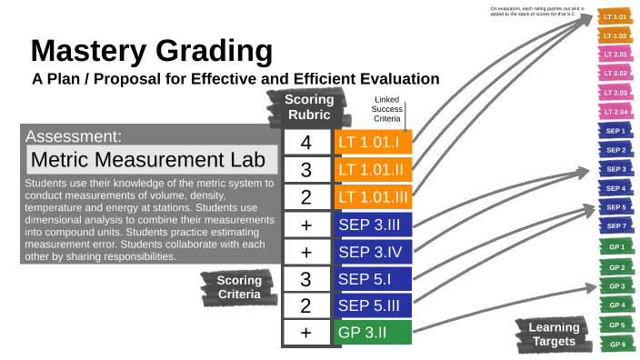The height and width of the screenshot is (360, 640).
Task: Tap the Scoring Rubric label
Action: pyautogui.click(x=309, y=106)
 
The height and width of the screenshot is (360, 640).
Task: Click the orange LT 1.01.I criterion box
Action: pyautogui.click(x=374, y=143)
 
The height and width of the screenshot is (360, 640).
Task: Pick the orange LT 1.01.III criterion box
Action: pyautogui.click(x=374, y=196)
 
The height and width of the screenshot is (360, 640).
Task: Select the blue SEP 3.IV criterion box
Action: pyautogui.click(x=374, y=251)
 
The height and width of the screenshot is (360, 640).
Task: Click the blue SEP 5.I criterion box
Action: pyautogui.click(x=374, y=278)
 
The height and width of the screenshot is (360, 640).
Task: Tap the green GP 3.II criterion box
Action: pyautogui.click(x=374, y=332)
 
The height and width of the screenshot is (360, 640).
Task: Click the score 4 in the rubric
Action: pyautogui.click(x=305, y=143)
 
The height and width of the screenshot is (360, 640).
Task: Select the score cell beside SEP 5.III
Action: pyautogui.click(x=305, y=305)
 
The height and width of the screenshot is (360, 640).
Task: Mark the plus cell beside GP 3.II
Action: pyautogui.click(x=305, y=332)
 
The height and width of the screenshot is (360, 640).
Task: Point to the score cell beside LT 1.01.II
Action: pyautogui.click(x=305, y=170)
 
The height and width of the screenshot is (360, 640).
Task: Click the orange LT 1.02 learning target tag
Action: pyautogui.click(x=615, y=35)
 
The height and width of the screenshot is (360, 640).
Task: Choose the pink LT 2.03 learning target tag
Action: pyautogui.click(x=615, y=93)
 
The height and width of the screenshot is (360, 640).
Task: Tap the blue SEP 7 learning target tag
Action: pyautogui.click(x=615, y=225)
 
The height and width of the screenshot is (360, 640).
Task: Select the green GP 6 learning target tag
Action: pyautogui.click(x=615, y=344)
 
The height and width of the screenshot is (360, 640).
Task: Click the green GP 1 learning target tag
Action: pyautogui.click(x=615, y=248)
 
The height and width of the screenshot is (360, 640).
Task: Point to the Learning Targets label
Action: pyautogui.click(x=555, y=334)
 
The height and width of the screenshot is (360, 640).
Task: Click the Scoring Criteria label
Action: pyautogui.click(x=238, y=287)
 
